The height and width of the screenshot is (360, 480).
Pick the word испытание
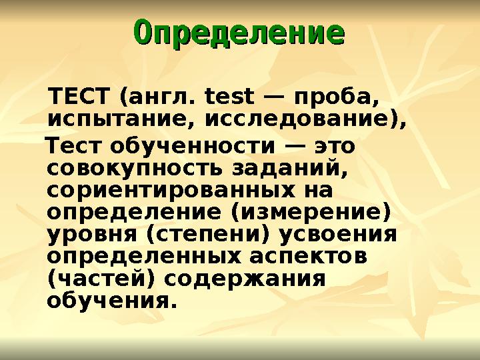click(x=120, y=121)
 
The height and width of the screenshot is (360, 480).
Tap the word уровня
click(x=90, y=236)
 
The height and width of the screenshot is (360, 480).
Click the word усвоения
click(x=339, y=235)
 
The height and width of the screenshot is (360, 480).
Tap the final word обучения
click(x=112, y=301)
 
